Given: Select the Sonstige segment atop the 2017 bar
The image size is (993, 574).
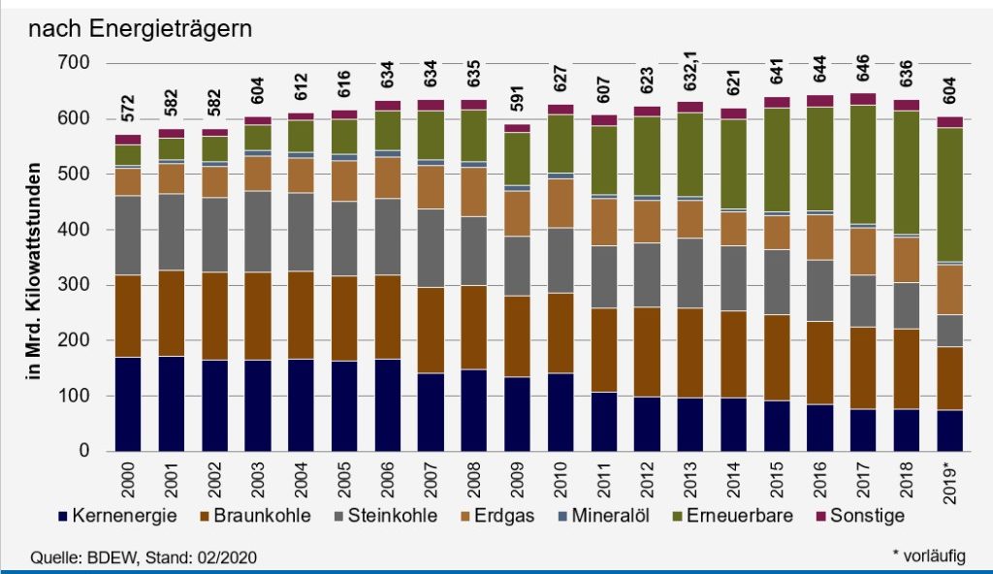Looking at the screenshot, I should (x=862, y=99).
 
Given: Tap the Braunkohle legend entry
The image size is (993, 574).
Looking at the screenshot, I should (x=257, y=516).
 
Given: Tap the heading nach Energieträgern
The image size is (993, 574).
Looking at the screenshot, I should (x=141, y=29).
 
